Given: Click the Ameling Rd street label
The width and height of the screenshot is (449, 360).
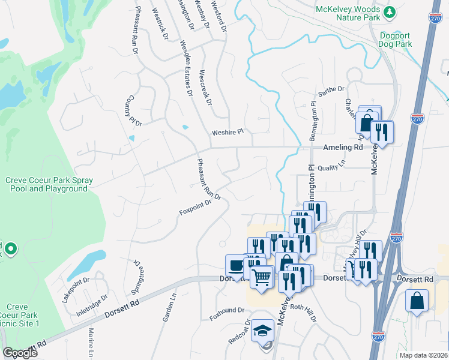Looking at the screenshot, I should [x=343, y=147].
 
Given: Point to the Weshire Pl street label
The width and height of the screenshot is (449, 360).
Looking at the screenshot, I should [x=228, y=131].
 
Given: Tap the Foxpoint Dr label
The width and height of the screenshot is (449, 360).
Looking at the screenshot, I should [x=196, y=208].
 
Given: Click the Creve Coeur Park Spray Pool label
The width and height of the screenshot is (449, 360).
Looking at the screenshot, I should [x=47, y=184].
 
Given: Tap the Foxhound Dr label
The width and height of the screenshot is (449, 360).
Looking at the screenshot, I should [x=227, y=311].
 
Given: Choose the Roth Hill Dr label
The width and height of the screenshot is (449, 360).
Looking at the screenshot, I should [x=303, y=313].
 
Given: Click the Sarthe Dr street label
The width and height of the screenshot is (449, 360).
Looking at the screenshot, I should [x=332, y=90].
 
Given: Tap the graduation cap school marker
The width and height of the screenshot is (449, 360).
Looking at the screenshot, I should [x=262, y=330].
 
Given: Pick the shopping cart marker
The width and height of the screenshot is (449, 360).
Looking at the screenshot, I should [x=262, y=277].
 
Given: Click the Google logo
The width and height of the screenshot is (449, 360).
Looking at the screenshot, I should [x=20, y=353].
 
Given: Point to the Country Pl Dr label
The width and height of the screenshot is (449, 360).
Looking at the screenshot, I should [x=130, y=111].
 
